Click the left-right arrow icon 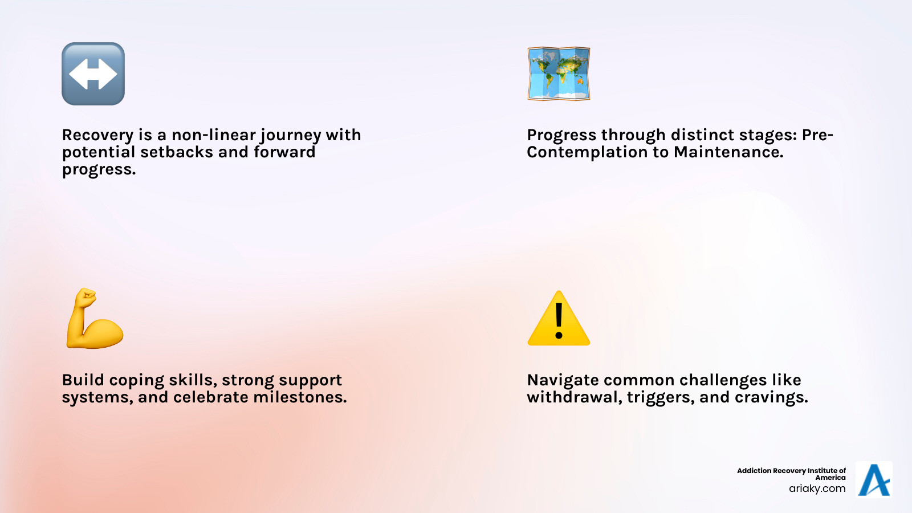pos(93,74)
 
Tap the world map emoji pos(559,74)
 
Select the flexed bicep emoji pos(94,319)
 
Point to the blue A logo pos(874,480)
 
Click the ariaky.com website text pos(817,488)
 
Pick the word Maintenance pos(728,152)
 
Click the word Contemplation pos(587,152)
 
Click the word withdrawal pos(574,397)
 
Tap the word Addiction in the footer pos(754,471)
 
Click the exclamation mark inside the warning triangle pos(559,320)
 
